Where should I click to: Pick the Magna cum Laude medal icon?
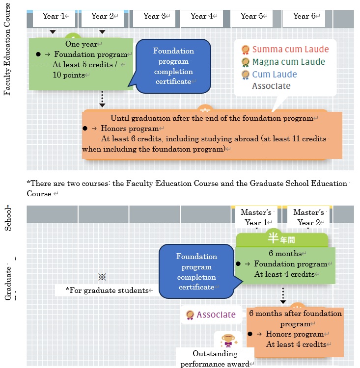246,62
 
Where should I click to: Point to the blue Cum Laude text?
275,75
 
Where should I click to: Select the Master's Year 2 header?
308,217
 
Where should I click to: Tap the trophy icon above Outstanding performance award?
227,339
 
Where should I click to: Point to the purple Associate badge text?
216,315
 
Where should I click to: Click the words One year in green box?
82,44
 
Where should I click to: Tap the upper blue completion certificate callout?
173,66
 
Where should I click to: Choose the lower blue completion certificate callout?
196,271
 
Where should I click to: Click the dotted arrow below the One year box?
102,98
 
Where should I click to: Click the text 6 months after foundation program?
295,318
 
